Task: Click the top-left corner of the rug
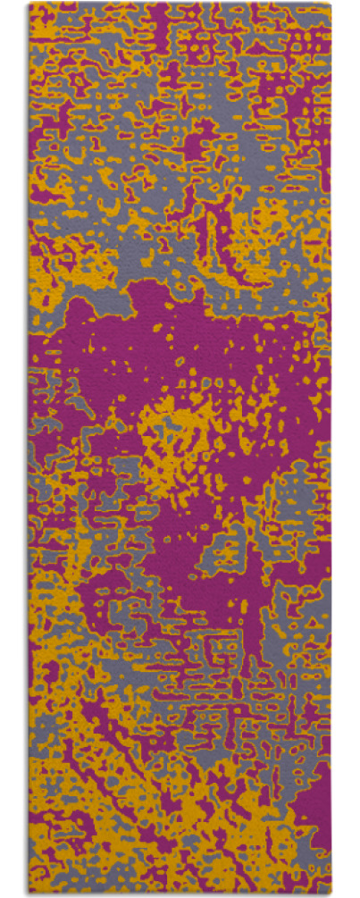[29, 4]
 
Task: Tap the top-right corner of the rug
[331, 4]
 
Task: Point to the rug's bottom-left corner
[29, 894]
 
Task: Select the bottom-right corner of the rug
[331, 894]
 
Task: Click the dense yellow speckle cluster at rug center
[183, 438]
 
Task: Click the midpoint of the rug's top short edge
[180, 4]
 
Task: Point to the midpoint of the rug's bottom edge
[180, 894]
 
